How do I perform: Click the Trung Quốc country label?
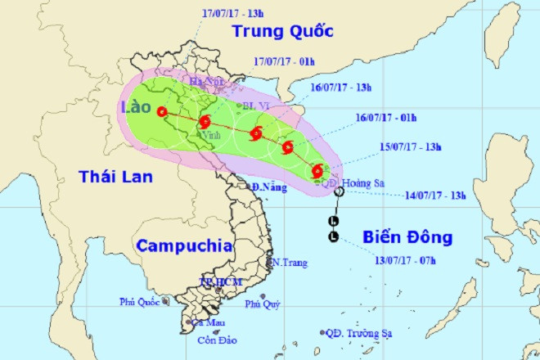pyautogui.click(x=282, y=32)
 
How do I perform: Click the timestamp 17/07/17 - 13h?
pyautogui.click(x=232, y=13)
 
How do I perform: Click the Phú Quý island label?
pyautogui.click(x=265, y=305)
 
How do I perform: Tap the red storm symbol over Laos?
pyautogui.click(x=162, y=112)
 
